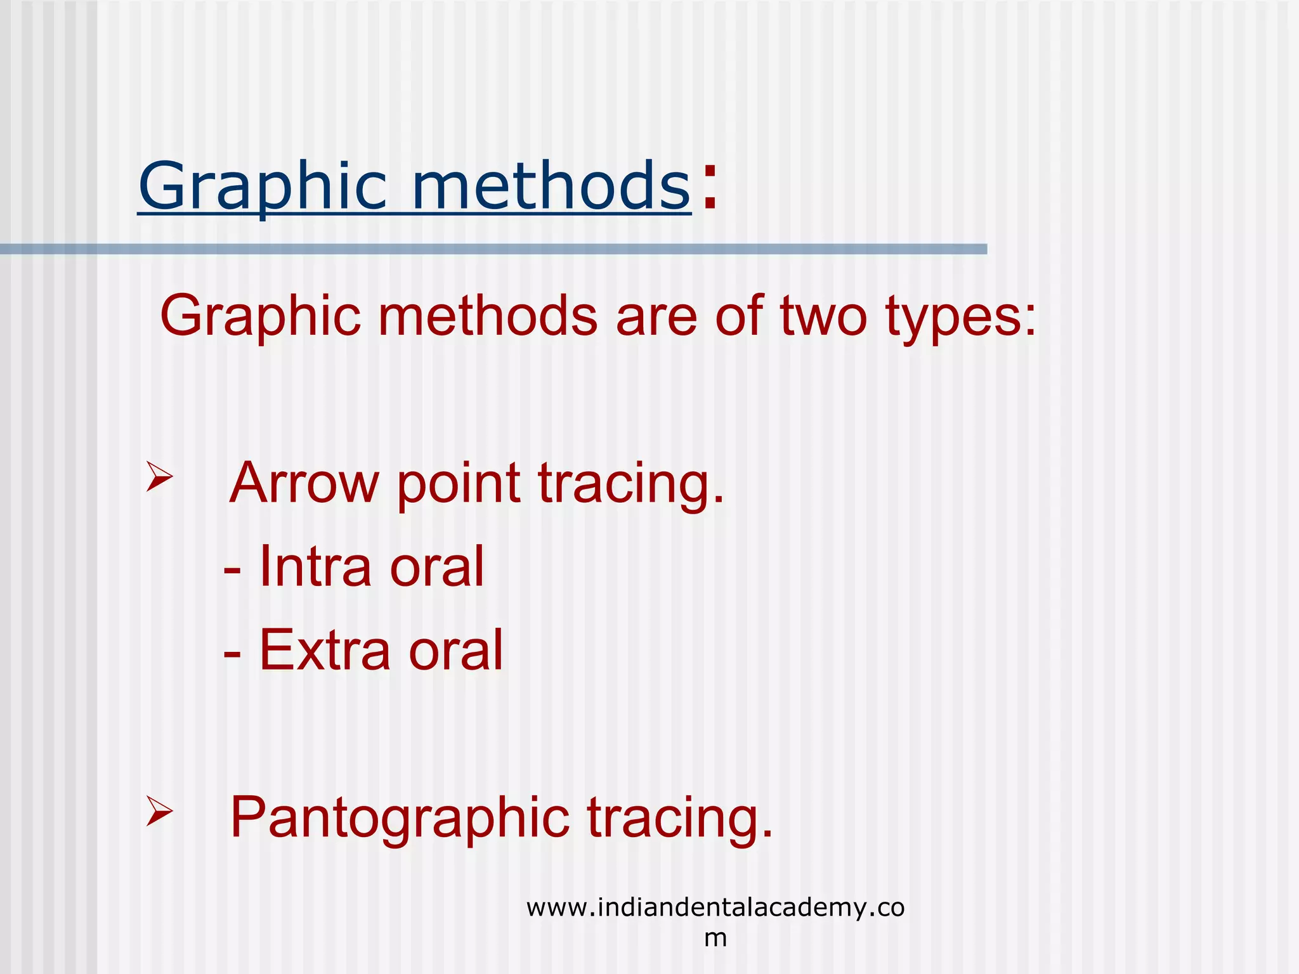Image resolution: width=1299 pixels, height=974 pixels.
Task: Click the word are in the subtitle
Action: pyautogui.click(x=656, y=316)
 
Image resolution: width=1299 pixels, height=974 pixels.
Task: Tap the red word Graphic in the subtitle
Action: pyautogui.click(x=260, y=316)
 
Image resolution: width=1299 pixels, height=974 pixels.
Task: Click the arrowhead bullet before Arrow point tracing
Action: pyautogui.click(x=159, y=477)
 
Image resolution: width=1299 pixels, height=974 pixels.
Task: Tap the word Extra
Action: pyautogui.click(x=324, y=650)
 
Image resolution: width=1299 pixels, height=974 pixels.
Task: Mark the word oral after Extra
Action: pyautogui.click(x=455, y=650)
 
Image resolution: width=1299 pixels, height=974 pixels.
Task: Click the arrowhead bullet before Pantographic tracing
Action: pyautogui.click(x=159, y=811)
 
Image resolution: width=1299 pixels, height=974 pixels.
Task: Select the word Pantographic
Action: pyautogui.click(x=400, y=819)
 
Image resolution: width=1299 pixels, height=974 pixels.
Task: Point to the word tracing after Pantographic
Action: pyautogui.click(x=679, y=819)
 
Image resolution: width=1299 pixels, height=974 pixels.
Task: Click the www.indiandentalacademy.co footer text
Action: pyautogui.click(x=715, y=907)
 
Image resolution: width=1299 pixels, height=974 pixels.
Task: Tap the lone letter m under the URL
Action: pyautogui.click(x=715, y=938)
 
